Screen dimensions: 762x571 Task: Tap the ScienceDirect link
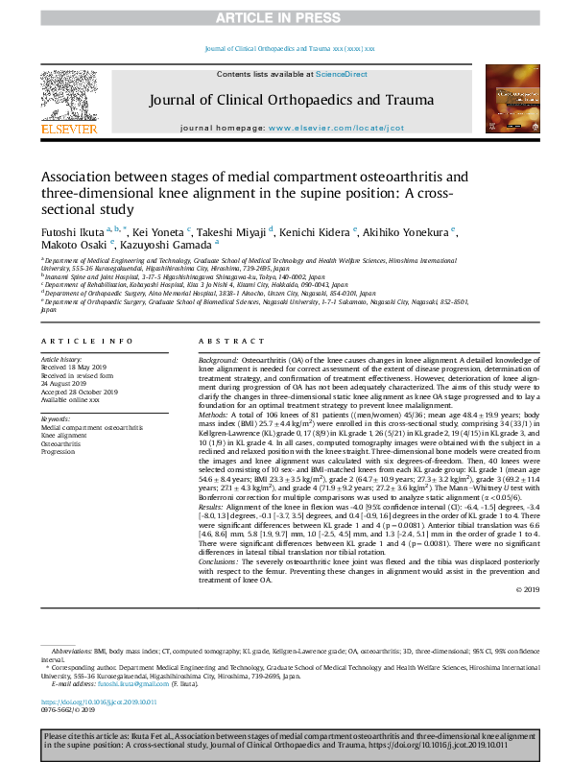point(340,74)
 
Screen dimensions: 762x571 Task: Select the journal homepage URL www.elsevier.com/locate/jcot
point(337,128)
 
